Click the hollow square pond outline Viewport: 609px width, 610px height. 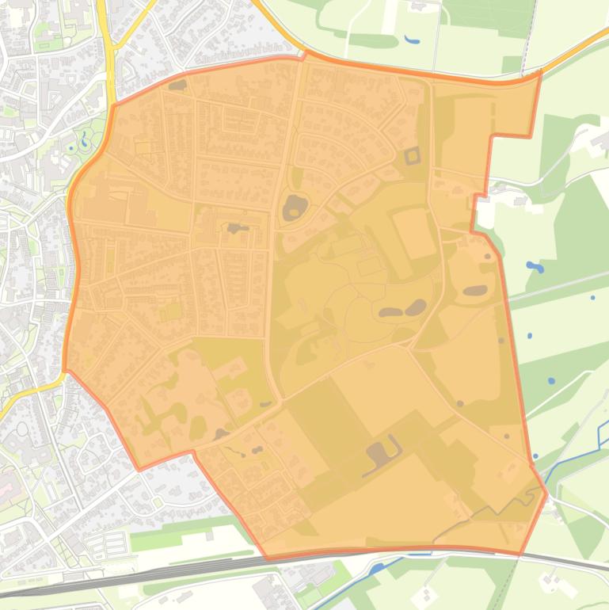point(412,155)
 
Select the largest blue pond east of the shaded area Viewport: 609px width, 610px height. point(535,268)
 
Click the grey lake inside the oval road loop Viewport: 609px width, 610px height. point(294,208)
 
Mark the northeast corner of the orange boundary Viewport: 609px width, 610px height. point(540,72)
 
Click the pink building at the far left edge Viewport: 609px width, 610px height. point(5,482)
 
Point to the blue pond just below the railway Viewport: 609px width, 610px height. point(378,567)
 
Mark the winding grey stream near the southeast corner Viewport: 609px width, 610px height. point(475,519)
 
